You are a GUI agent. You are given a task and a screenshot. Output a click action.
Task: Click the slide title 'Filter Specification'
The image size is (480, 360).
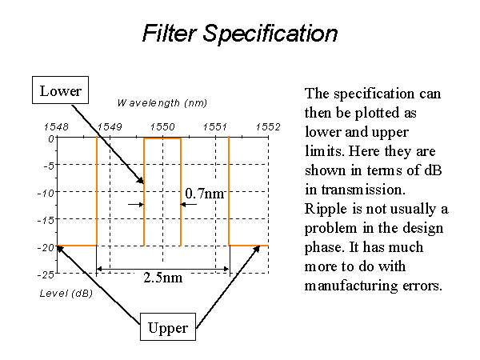[x=240, y=33]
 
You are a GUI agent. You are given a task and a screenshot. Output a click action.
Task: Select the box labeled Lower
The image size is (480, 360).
[x=60, y=90]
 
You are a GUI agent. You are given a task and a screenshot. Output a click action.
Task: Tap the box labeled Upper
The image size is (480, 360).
[x=168, y=327]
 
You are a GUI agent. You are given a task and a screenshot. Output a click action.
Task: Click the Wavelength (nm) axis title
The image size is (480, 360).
[x=162, y=103]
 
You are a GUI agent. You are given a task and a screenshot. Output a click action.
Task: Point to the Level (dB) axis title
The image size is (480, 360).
[x=66, y=294]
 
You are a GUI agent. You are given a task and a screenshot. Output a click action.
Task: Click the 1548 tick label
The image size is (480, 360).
[x=56, y=126]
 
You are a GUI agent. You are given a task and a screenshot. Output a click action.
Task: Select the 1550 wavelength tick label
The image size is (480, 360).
[x=162, y=126]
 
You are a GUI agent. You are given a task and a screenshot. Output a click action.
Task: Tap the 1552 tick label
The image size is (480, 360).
[x=268, y=126]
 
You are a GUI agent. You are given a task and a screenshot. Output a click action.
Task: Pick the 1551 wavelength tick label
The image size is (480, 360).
[x=215, y=126]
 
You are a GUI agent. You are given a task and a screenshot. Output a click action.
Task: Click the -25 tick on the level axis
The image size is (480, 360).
[x=46, y=274]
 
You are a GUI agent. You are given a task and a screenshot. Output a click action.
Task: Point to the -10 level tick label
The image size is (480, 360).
[x=46, y=193]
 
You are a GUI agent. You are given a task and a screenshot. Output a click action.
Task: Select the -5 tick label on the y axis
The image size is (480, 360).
[x=49, y=166]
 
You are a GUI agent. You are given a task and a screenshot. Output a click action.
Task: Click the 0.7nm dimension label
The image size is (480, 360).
[x=205, y=194]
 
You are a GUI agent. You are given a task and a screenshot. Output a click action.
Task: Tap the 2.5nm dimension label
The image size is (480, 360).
[x=163, y=278]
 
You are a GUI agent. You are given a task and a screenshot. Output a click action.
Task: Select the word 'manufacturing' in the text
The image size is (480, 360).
[x=351, y=286]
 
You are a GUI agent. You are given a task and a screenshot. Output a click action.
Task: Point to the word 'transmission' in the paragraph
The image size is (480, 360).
[x=363, y=190]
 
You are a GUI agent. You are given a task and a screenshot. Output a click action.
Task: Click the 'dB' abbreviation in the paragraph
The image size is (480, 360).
[x=433, y=170]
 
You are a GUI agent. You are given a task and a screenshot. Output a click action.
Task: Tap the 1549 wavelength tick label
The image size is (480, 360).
[x=110, y=126]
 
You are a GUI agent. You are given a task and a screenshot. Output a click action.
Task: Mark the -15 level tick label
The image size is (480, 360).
[x=46, y=220]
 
